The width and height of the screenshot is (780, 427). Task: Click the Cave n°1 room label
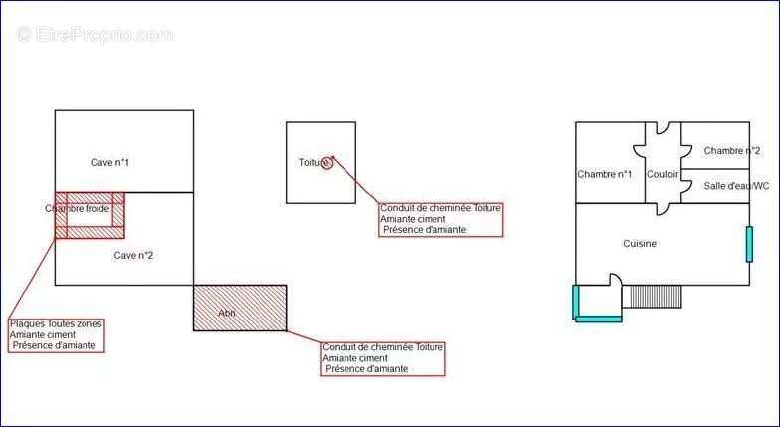coord(110,162)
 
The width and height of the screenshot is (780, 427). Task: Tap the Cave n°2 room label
coord(132,255)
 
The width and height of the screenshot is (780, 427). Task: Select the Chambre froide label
coord(77,209)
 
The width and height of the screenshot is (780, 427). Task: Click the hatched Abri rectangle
coord(240,308)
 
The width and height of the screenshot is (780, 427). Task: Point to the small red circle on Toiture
coord(328,163)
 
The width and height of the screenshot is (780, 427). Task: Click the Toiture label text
coord(311,162)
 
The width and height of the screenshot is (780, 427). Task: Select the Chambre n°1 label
coord(604,175)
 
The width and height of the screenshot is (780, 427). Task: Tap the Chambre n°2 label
coord(731,151)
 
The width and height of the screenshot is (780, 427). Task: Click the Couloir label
coord(662,175)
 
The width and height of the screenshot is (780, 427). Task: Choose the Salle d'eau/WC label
coord(735,186)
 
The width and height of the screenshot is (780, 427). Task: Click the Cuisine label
coord(640,243)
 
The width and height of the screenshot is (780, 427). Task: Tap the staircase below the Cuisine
coord(655,296)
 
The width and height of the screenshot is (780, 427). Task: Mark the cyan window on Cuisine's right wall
coord(749,244)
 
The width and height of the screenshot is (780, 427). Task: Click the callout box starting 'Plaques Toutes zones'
coord(56,334)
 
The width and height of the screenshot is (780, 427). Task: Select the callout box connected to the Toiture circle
coord(440,219)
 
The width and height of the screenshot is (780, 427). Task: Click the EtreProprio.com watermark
coord(95,34)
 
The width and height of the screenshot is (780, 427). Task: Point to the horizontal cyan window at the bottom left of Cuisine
coord(598,319)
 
